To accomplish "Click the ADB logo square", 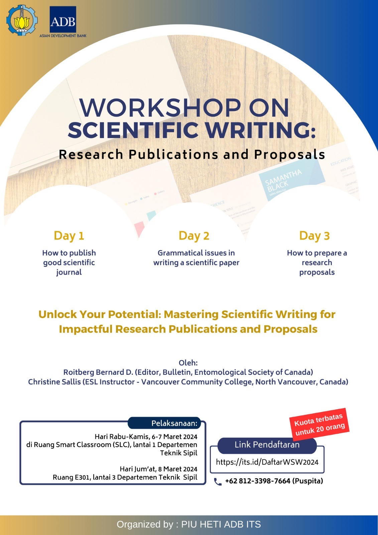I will (x=63, y=20).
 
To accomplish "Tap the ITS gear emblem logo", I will (x=22, y=20).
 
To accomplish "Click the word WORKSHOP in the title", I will (x=160, y=108).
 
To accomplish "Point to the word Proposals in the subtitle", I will (x=289, y=154).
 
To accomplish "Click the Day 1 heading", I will (x=69, y=236).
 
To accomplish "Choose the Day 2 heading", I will (x=194, y=236).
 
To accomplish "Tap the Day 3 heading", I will (x=314, y=236).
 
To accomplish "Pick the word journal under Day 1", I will (x=69, y=272).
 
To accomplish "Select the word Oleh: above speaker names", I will (x=188, y=363).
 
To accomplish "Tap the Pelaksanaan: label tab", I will (x=174, y=423).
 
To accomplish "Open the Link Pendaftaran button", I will (x=267, y=445).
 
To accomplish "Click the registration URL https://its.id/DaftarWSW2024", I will (x=267, y=462).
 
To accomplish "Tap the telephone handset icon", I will (x=218, y=481).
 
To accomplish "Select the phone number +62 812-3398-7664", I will (x=257, y=481).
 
